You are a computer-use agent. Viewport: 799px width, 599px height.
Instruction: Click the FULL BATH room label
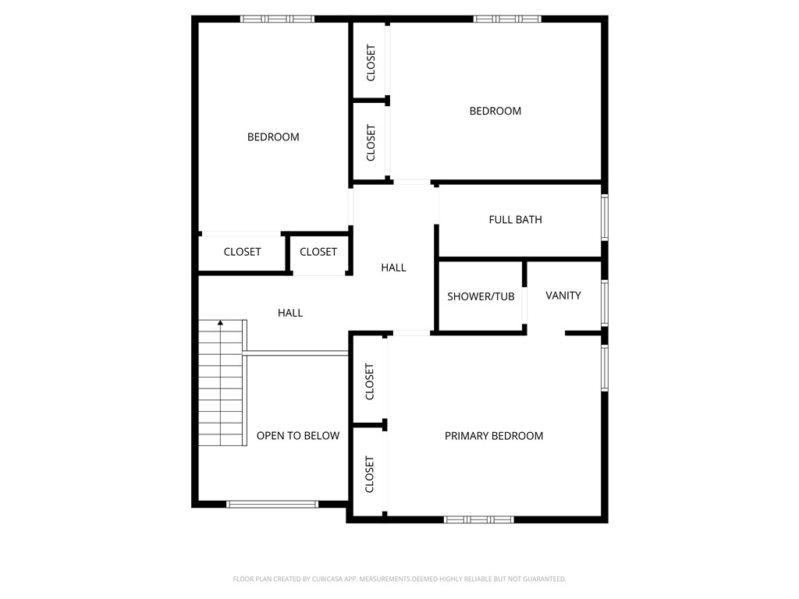click(x=515, y=220)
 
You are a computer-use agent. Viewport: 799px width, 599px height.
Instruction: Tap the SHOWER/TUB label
click(x=481, y=296)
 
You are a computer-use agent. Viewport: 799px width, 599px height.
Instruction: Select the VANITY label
click(x=563, y=296)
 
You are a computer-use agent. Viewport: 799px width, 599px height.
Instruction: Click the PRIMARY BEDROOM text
click(x=494, y=436)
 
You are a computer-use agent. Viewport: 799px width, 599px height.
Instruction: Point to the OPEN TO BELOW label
click(x=298, y=436)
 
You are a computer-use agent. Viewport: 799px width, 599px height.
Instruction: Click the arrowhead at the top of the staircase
click(x=221, y=322)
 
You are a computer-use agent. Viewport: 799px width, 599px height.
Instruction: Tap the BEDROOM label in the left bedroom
click(x=273, y=137)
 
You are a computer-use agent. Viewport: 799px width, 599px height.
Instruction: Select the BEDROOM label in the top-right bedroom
click(x=495, y=112)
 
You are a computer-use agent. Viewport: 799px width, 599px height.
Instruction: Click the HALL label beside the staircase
click(x=290, y=313)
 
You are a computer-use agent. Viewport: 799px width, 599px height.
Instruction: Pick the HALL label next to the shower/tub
click(x=393, y=268)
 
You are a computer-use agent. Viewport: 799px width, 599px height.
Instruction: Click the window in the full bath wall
click(x=604, y=218)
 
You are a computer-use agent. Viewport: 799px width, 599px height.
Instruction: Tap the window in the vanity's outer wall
click(x=604, y=302)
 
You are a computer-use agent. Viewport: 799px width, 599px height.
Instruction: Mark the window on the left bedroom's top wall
click(x=277, y=19)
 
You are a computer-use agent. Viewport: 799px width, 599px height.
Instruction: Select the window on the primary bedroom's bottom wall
click(x=479, y=519)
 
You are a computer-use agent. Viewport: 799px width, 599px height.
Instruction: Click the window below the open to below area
click(x=272, y=504)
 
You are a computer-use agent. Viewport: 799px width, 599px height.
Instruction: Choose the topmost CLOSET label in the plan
click(x=371, y=62)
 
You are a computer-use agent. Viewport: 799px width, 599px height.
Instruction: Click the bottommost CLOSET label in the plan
click(x=370, y=474)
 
